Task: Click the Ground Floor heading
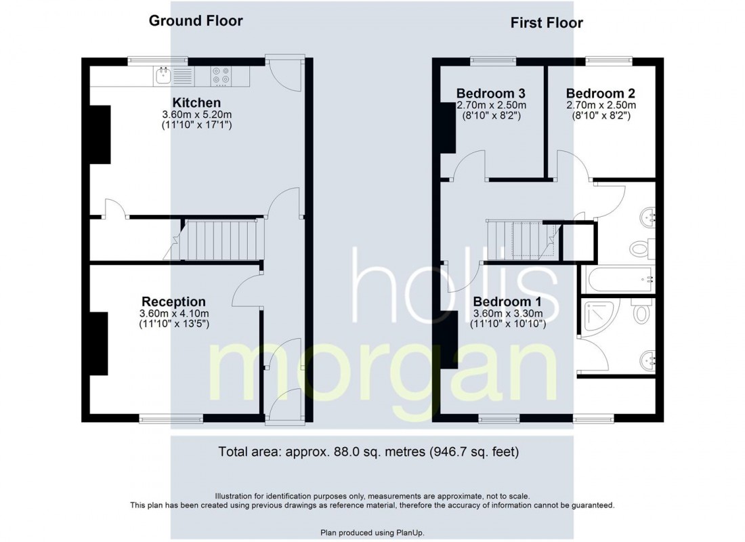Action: pyautogui.click(x=196, y=21)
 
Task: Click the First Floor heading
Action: pyautogui.click(x=547, y=23)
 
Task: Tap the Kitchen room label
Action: pyautogui.click(x=196, y=103)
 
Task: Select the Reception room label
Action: pyautogui.click(x=173, y=301)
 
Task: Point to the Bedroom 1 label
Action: pyautogui.click(x=507, y=301)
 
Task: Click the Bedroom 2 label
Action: pyautogui.click(x=601, y=93)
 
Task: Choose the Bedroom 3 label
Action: pyautogui.click(x=491, y=93)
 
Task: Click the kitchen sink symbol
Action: pyautogui.click(x=163, y=76)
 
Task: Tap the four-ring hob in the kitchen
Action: pyautogui.click(x=221, y=76)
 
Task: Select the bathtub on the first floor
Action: pyautogui.click(x=618, y=279)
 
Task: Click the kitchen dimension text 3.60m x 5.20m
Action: pyautogui.click(x=196, y=114)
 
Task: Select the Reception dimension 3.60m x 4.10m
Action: pyautogui.click(x=174, y=314)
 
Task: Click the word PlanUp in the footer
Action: pyautogui.click(x=410, y=533)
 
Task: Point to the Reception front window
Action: pyautogui.click(x=171, y=419)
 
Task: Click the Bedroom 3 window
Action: pyautogui.click(x=492, y=61)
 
